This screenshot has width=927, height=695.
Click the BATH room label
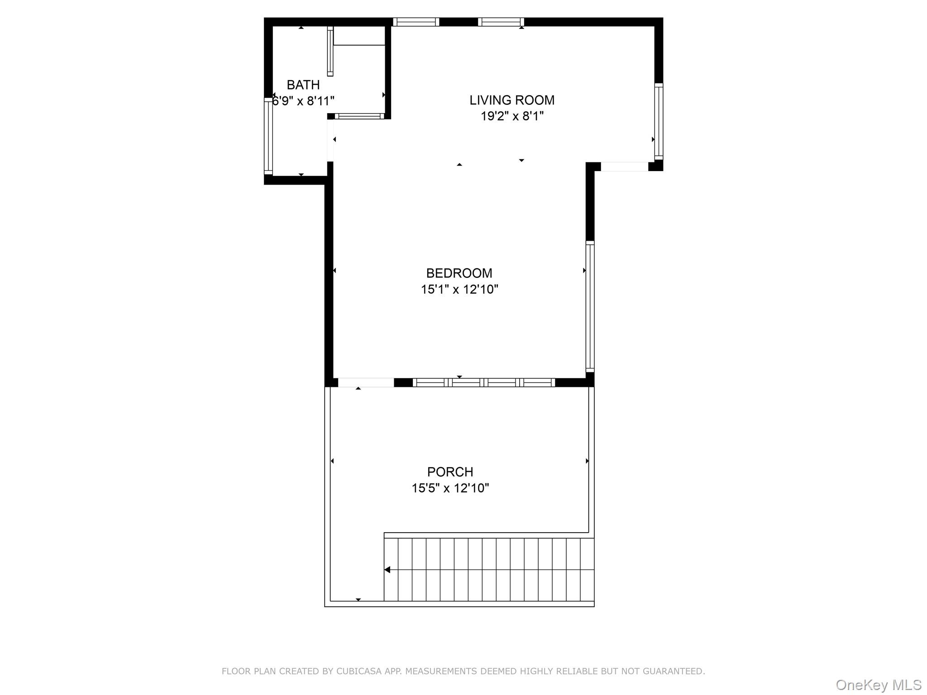tap(303, 85)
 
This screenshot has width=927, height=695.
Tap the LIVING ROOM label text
tap(511, 100)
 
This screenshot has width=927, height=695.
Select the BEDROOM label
tap(459, 273)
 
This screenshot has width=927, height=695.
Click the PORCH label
tap(450, 471)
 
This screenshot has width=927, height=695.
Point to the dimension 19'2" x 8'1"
tap(511, 116)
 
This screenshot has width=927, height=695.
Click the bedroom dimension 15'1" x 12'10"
tap(459, 289)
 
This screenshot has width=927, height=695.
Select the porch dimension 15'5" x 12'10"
tap(450, 488)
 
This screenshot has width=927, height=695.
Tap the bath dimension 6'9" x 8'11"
tap(303, 101)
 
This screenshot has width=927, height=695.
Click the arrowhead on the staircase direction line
tap(387, 570)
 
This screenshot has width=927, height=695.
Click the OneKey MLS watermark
tap(878, 685)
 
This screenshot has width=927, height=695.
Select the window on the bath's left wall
tap(268, 136)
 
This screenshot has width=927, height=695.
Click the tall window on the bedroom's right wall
tap(590, 306)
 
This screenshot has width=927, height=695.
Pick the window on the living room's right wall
tap(659, 121)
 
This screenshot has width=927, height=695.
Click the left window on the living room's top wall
tap(416, 22)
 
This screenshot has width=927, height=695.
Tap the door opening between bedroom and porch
tap(366, 383)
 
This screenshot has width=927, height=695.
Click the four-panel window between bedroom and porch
tap(483, 383)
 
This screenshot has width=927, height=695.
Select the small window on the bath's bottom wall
tap(359, 116)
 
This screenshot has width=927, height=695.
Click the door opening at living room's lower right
tap(624, 167)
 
